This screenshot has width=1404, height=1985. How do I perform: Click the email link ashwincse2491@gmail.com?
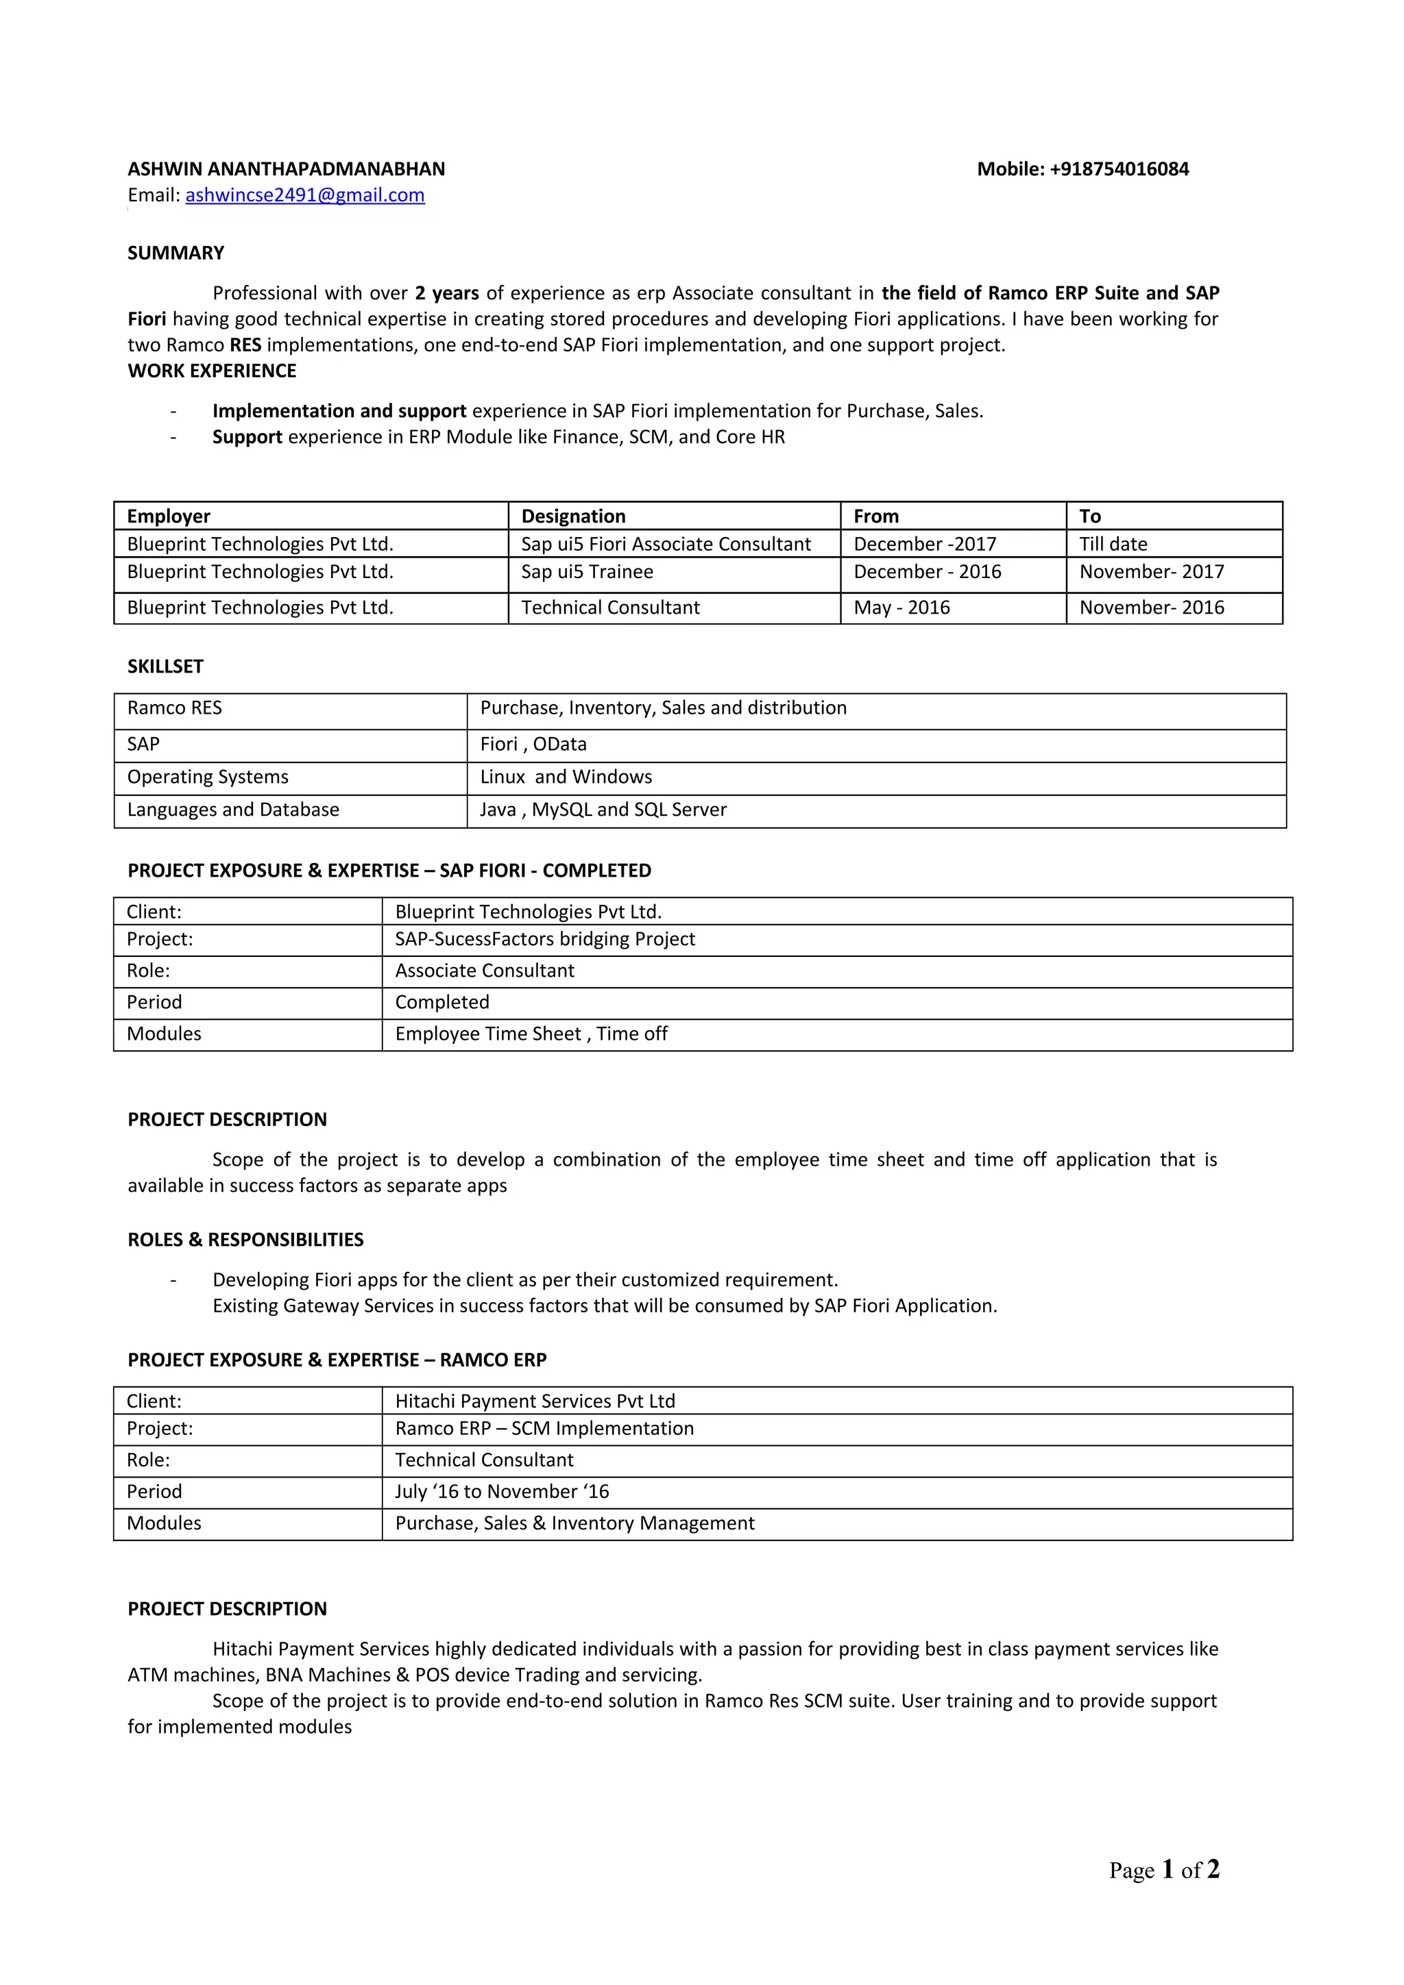click(304, 195)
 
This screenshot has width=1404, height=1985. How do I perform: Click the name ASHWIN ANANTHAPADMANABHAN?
click(287, 169)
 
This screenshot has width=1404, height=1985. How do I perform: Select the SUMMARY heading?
click(175, 253)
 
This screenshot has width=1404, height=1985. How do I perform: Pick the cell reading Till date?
click(1113, 544)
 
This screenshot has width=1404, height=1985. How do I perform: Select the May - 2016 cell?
click(901, 608)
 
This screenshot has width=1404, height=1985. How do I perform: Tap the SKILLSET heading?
click(165, 666)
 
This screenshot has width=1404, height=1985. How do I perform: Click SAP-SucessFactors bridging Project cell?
click(545, 940)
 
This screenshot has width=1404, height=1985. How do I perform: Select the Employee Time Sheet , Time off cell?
click(531, 1034)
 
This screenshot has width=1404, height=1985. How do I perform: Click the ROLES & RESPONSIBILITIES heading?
click(245, 1240)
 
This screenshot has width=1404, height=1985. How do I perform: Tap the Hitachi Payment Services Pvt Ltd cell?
click(535, 1401)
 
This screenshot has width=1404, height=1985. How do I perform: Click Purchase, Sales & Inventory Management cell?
click(574, 1523)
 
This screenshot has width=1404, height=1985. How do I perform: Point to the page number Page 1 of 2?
click(1163, 1869)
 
